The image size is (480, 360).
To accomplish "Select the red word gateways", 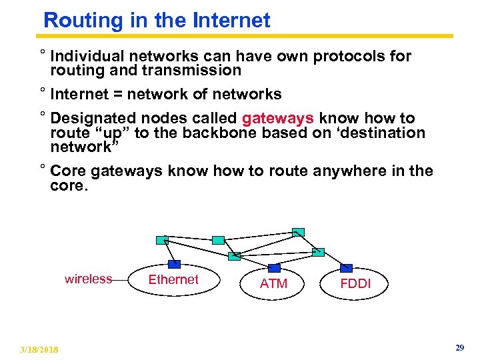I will [x=277, y=119].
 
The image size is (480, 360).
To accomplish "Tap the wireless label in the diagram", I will [x=88, y=279].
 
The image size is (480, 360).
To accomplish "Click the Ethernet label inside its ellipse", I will [x=173, y=279].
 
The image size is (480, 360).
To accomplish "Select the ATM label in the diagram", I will [x=273, y=283].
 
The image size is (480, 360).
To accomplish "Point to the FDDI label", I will [x=355, y=283].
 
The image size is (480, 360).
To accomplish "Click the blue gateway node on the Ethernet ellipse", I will [x=174, y=263].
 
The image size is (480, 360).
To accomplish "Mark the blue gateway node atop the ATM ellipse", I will [x=274, y=268].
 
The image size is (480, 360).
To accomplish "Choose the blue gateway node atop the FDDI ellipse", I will [x=346, y=268].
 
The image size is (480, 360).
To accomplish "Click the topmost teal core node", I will [x=299, y=232].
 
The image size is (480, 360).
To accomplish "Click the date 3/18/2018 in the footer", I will [x=39, y=349].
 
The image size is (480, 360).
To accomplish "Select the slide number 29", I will [x=459, y=348].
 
